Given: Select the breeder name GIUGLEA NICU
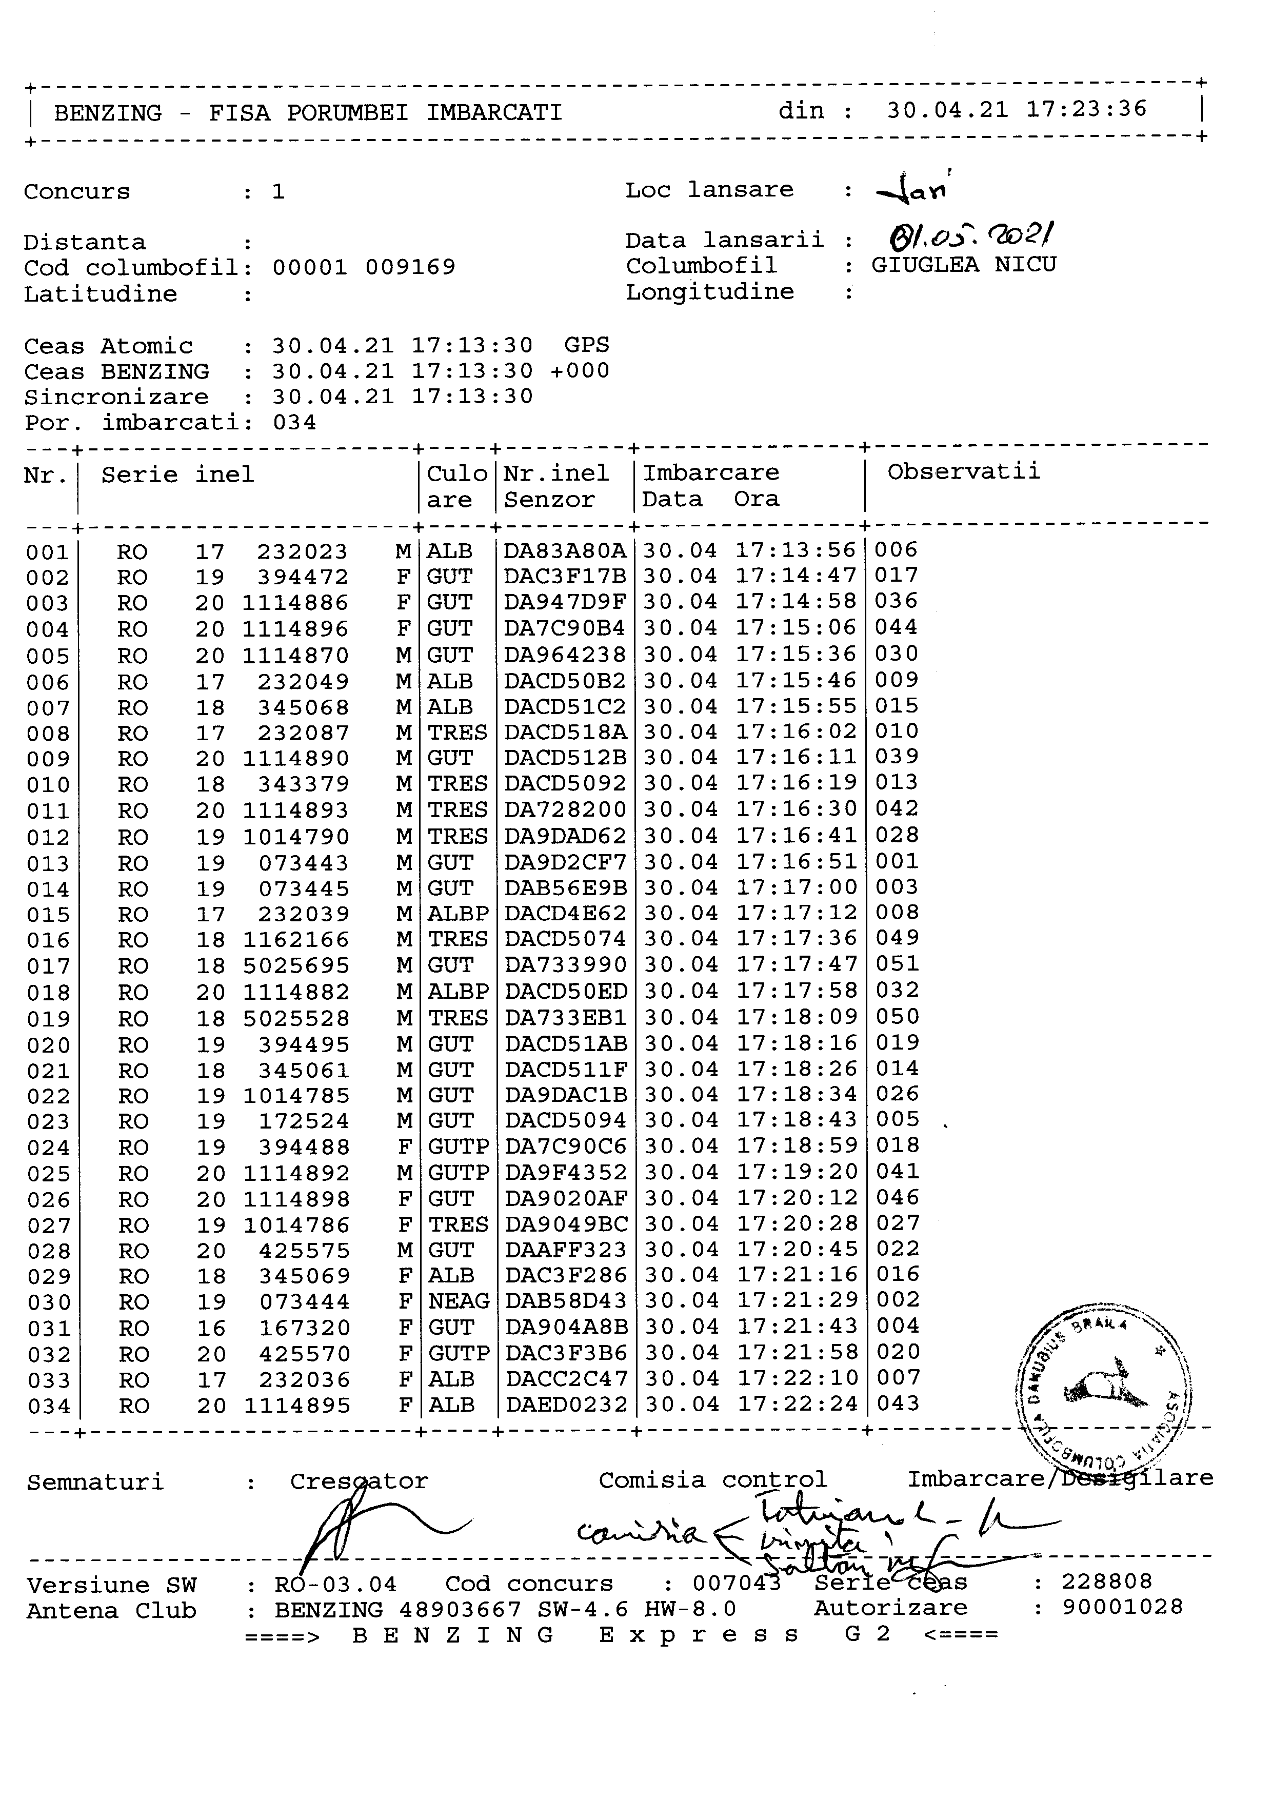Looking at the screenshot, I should [x=963, y=265].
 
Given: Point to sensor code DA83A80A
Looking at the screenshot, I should [x=565, y=551].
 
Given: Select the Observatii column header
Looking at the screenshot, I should [x=963, y=472].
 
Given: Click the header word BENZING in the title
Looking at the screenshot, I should [x=108, y=113].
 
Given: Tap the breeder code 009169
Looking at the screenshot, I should [x=410, y=268].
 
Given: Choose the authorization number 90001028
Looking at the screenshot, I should [x=1122, y=1608].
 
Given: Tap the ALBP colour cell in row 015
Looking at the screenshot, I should [x=458, y=914].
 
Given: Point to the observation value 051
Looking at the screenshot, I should [x=898, y=964].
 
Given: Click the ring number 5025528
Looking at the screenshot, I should [x=296, y=1019].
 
